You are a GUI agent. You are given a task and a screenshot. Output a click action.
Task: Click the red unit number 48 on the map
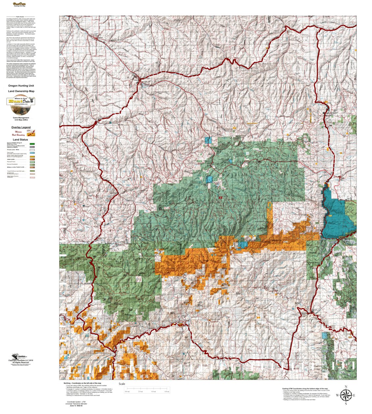coord(220,198)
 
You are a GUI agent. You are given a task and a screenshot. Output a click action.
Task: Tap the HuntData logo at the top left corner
coord(20,5)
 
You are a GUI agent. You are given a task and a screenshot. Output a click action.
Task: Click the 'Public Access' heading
coord(20,16)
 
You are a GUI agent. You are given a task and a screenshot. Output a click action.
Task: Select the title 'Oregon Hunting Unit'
coord(21,86)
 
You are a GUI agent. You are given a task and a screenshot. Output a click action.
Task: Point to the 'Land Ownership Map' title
coord(21,91)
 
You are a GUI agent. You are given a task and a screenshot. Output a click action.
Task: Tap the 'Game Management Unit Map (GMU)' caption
coord(21,118)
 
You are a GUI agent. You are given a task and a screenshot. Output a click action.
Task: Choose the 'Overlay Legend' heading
coord(21,127)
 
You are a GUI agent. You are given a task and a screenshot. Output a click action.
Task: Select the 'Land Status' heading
coord(20,140)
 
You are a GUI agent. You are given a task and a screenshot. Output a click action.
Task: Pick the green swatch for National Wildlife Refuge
coord(32,144)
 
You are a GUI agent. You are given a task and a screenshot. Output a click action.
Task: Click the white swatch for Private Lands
coord(32,150)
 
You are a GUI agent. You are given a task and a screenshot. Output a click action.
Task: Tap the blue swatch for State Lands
coord(32,153)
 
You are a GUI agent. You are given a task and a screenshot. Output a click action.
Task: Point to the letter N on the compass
coord(346,387)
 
